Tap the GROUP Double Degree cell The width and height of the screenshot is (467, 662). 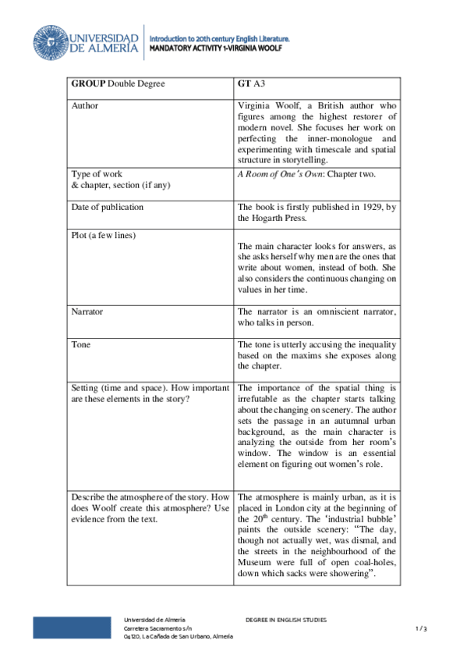[x=118, y=84]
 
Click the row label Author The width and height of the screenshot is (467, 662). [x=85, y=105]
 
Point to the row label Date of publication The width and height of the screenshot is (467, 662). [x=107, y=207]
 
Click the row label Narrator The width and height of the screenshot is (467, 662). [x=87, y=311]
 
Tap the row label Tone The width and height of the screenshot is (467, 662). [x=80, y=344]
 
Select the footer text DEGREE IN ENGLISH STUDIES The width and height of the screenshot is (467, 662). [x=286, y=620]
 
